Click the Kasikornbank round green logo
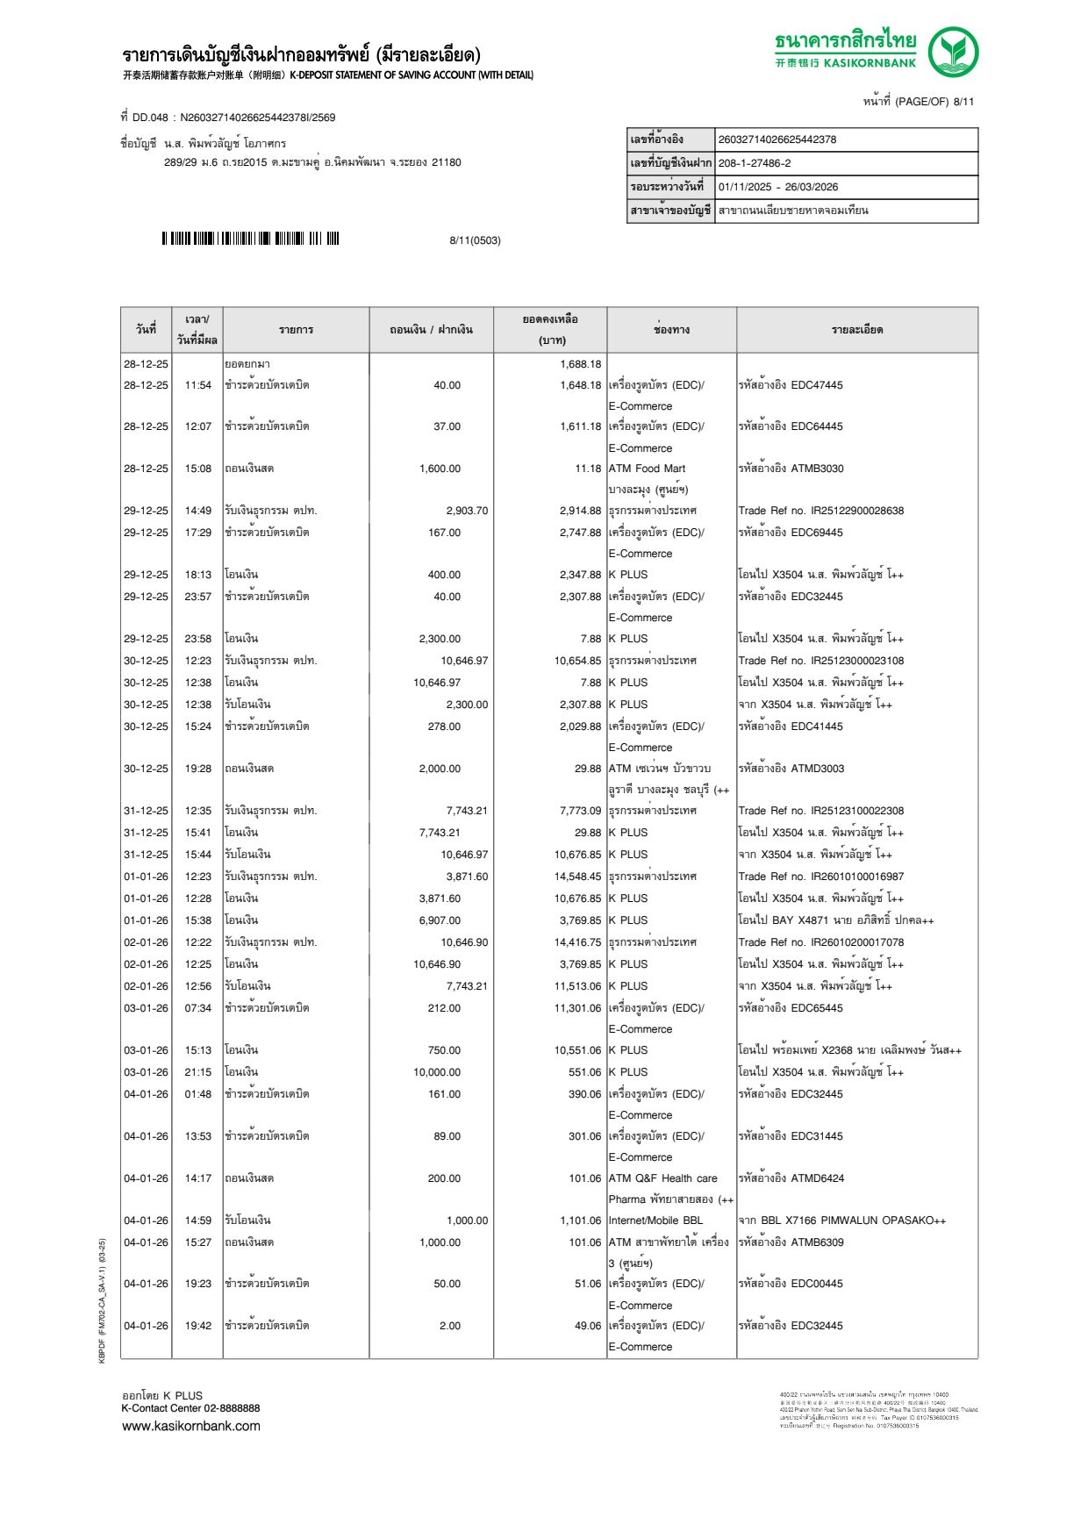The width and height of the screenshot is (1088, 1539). point(953,52)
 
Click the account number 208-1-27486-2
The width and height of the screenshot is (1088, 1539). point(755,163)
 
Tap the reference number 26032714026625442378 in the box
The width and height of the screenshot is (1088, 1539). point(777,140)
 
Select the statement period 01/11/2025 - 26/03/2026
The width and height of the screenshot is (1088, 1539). point(777,187)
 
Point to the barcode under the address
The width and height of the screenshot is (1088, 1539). point(250,239)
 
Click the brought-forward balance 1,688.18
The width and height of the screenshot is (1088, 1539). point(580,364)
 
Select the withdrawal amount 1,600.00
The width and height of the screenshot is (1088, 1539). point(440,469)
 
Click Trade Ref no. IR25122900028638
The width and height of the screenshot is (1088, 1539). point(820,511)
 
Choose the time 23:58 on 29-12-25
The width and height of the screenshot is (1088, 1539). point(197,639)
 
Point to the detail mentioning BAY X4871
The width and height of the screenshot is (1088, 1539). point(835,920)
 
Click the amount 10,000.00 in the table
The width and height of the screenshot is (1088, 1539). point(437,1072)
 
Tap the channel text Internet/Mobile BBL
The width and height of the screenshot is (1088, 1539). point(655,1220)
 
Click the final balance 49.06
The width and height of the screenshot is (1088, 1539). point(588,1326)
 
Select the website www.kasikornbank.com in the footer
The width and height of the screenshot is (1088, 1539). point(191,1426)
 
